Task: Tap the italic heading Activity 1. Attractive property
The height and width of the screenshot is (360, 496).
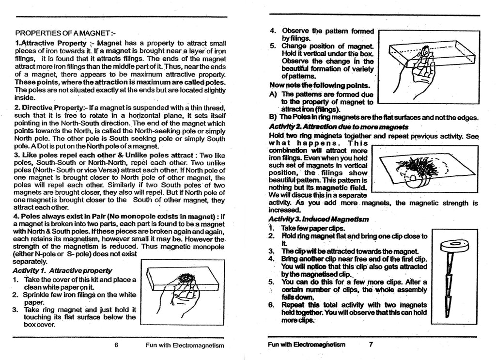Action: coord(62,270)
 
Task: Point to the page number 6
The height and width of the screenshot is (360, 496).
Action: coord(116,345)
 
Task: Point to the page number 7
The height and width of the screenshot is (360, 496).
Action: coord(371,344)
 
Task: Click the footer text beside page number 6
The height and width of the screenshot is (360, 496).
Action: coord(185,345)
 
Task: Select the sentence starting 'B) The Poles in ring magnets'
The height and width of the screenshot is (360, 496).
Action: coord(373,118)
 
